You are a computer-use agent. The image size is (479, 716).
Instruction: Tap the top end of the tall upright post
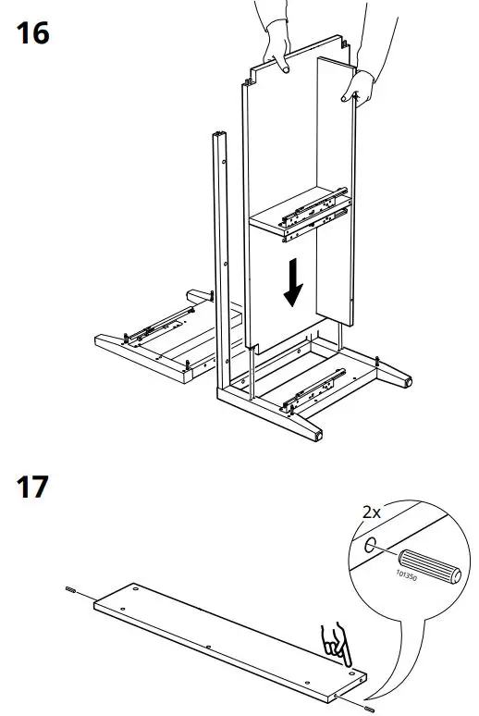(x=219, y=137)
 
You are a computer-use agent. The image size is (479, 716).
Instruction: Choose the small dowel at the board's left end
(x=71, y=589)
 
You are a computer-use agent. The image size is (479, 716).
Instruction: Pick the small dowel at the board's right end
(x=370, y=708)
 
